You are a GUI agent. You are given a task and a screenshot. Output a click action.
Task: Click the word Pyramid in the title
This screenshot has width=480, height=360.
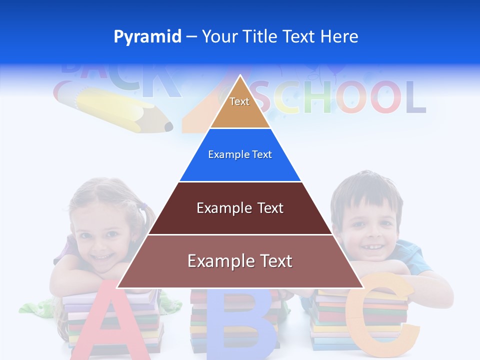click(x=147, y=37)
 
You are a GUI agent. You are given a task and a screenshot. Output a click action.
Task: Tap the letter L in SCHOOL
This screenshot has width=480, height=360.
click(x=415, y=97)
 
